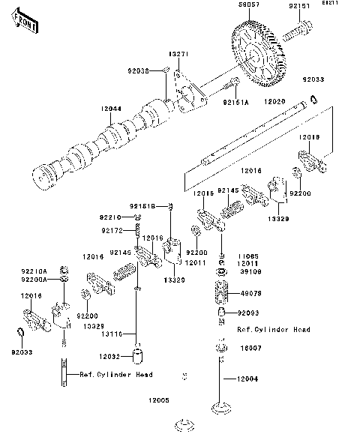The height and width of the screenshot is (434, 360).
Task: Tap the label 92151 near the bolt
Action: pyautogui.click(x=300, y=6)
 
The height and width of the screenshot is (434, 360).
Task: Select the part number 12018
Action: pyautogui.click(x=309, y=138)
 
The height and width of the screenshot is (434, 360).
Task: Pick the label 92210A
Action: pyautogui.click(x=34, y=271)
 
